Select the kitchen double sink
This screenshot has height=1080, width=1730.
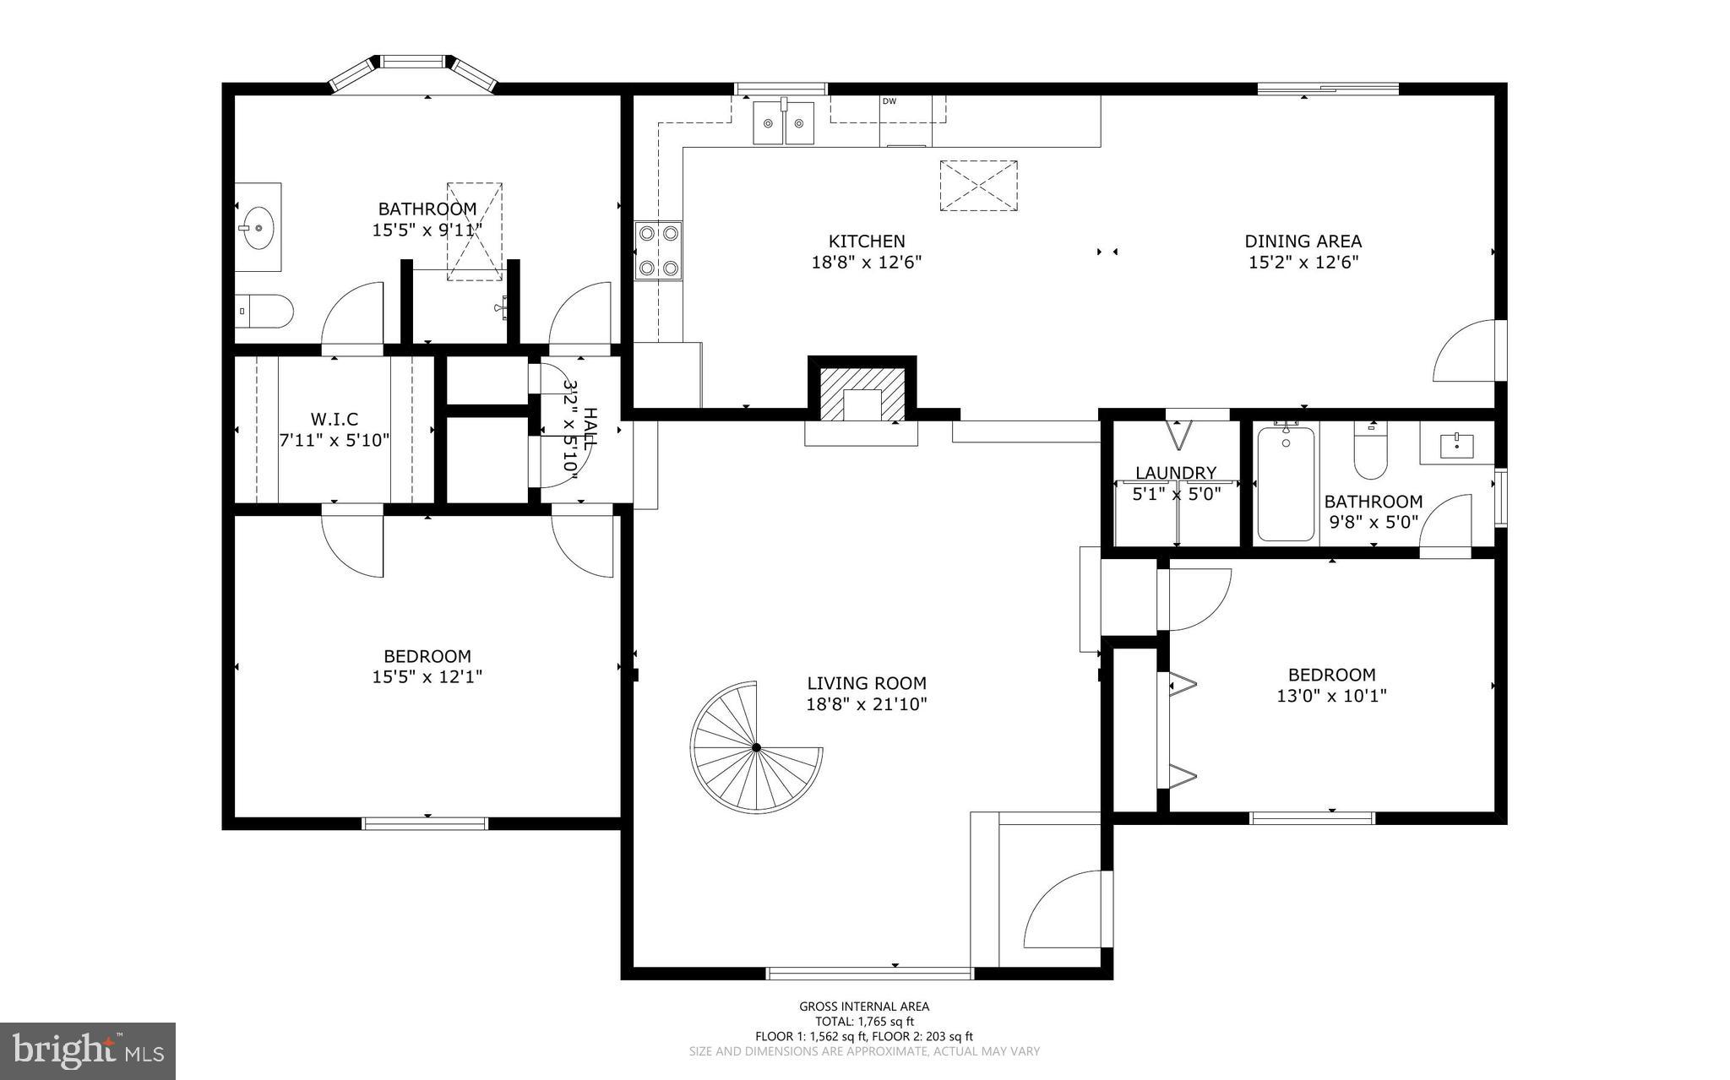(785, 123)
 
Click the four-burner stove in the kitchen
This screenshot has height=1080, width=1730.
(659, 250)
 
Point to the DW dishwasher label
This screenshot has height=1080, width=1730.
(889, 101)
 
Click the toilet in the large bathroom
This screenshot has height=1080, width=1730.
(264, 312)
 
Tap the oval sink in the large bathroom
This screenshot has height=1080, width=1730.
(257, 226)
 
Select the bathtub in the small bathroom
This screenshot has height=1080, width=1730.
(1285, 484)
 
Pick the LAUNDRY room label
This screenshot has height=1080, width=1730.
(1176, 473)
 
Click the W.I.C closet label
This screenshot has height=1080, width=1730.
(335, 419)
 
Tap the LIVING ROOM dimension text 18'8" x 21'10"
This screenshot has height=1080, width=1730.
(867, 704)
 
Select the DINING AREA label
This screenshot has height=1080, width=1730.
(1303, 242)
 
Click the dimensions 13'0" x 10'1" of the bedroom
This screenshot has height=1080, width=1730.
(1331, 696)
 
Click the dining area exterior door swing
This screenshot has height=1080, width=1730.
(1468, 353)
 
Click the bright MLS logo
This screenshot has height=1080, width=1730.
(88, 1050)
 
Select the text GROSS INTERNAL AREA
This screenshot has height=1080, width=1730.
(864, 1006)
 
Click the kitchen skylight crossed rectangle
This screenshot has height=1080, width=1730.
(978, 185)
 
